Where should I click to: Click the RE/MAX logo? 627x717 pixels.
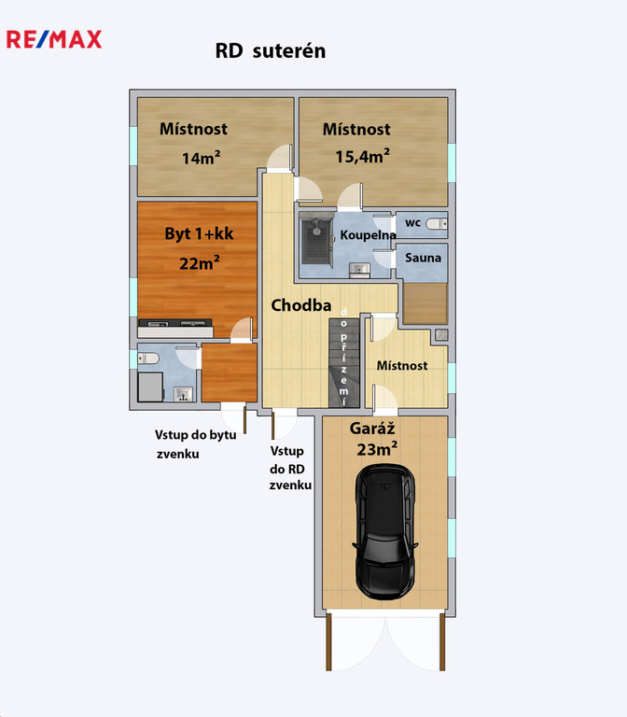click(x=54, y=39)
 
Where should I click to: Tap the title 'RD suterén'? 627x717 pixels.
click(x=271, y=50)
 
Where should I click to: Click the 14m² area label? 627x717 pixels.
click(x=202, y=158)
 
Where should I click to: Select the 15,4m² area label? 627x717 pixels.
click(x=362, y=156)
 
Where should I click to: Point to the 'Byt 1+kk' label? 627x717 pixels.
click(x=199, y=233)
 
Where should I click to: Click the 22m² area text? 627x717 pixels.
click(x=200, y=263)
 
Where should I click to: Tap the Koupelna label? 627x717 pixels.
click(x=368, y=235)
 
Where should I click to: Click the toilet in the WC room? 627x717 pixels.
click(x=437, y=224)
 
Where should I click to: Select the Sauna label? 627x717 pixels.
click(x=424, y=258)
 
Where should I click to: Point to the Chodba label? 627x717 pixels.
click(x=301, y=305)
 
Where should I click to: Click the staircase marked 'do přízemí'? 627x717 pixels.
click(x=343, y=362)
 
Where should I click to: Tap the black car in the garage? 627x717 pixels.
click(x=385, y=532)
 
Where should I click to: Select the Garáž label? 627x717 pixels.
click(x=372, y=429)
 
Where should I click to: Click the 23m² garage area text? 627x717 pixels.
click(x=377, y=449)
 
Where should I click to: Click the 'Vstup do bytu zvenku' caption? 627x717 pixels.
click(x=196, y=444)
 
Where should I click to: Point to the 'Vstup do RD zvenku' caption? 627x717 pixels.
click(x=290, y=468)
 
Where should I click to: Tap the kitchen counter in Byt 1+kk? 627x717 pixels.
click(x=175, y=329)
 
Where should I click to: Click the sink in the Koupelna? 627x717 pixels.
click(x=359, y=270)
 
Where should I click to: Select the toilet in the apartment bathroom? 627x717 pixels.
click(x=148, y=358)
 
